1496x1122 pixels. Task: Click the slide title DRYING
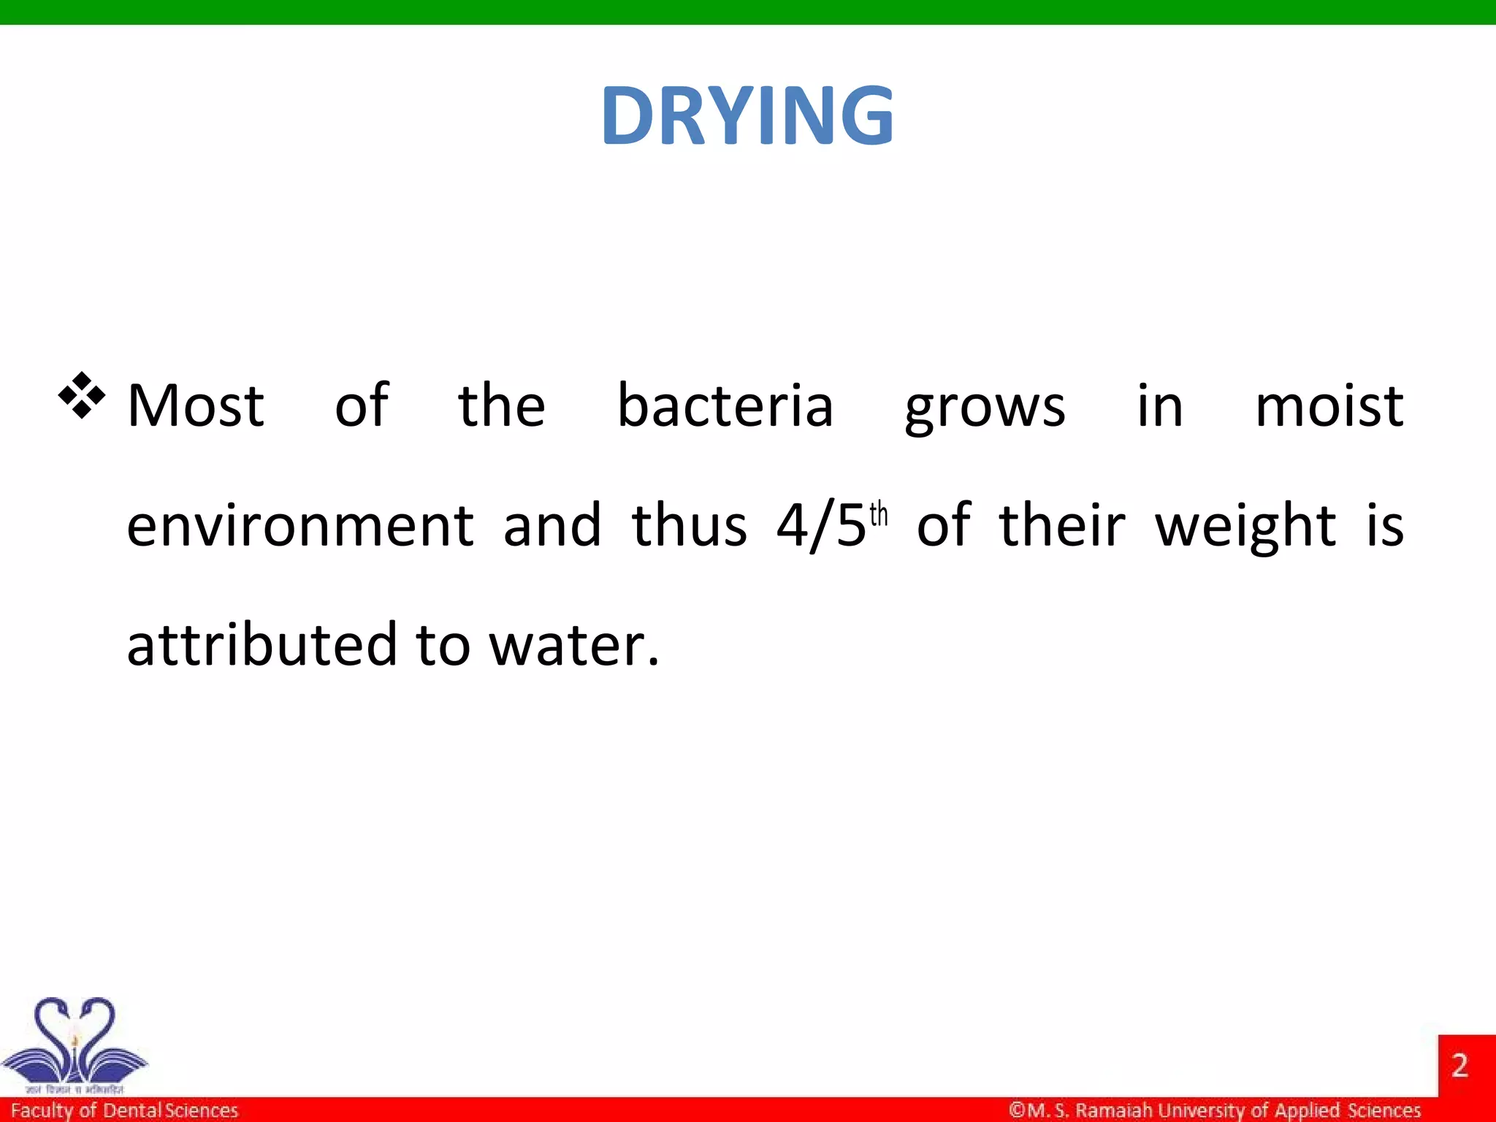(747, 115)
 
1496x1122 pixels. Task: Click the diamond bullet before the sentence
(82, 395)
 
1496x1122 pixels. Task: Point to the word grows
(985, 408)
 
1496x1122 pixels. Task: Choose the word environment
(300, 525)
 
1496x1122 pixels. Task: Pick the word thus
(690, 525)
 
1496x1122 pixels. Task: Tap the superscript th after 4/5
(879, 514)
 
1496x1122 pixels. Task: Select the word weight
(1245, 527)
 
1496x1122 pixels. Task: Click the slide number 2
(1459, 1066)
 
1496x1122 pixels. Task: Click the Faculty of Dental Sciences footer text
(124, 1110)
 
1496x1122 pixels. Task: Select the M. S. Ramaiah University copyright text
(1215, 1110)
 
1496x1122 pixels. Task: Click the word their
(1062, 525)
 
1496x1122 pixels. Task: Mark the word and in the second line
(552, 525)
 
